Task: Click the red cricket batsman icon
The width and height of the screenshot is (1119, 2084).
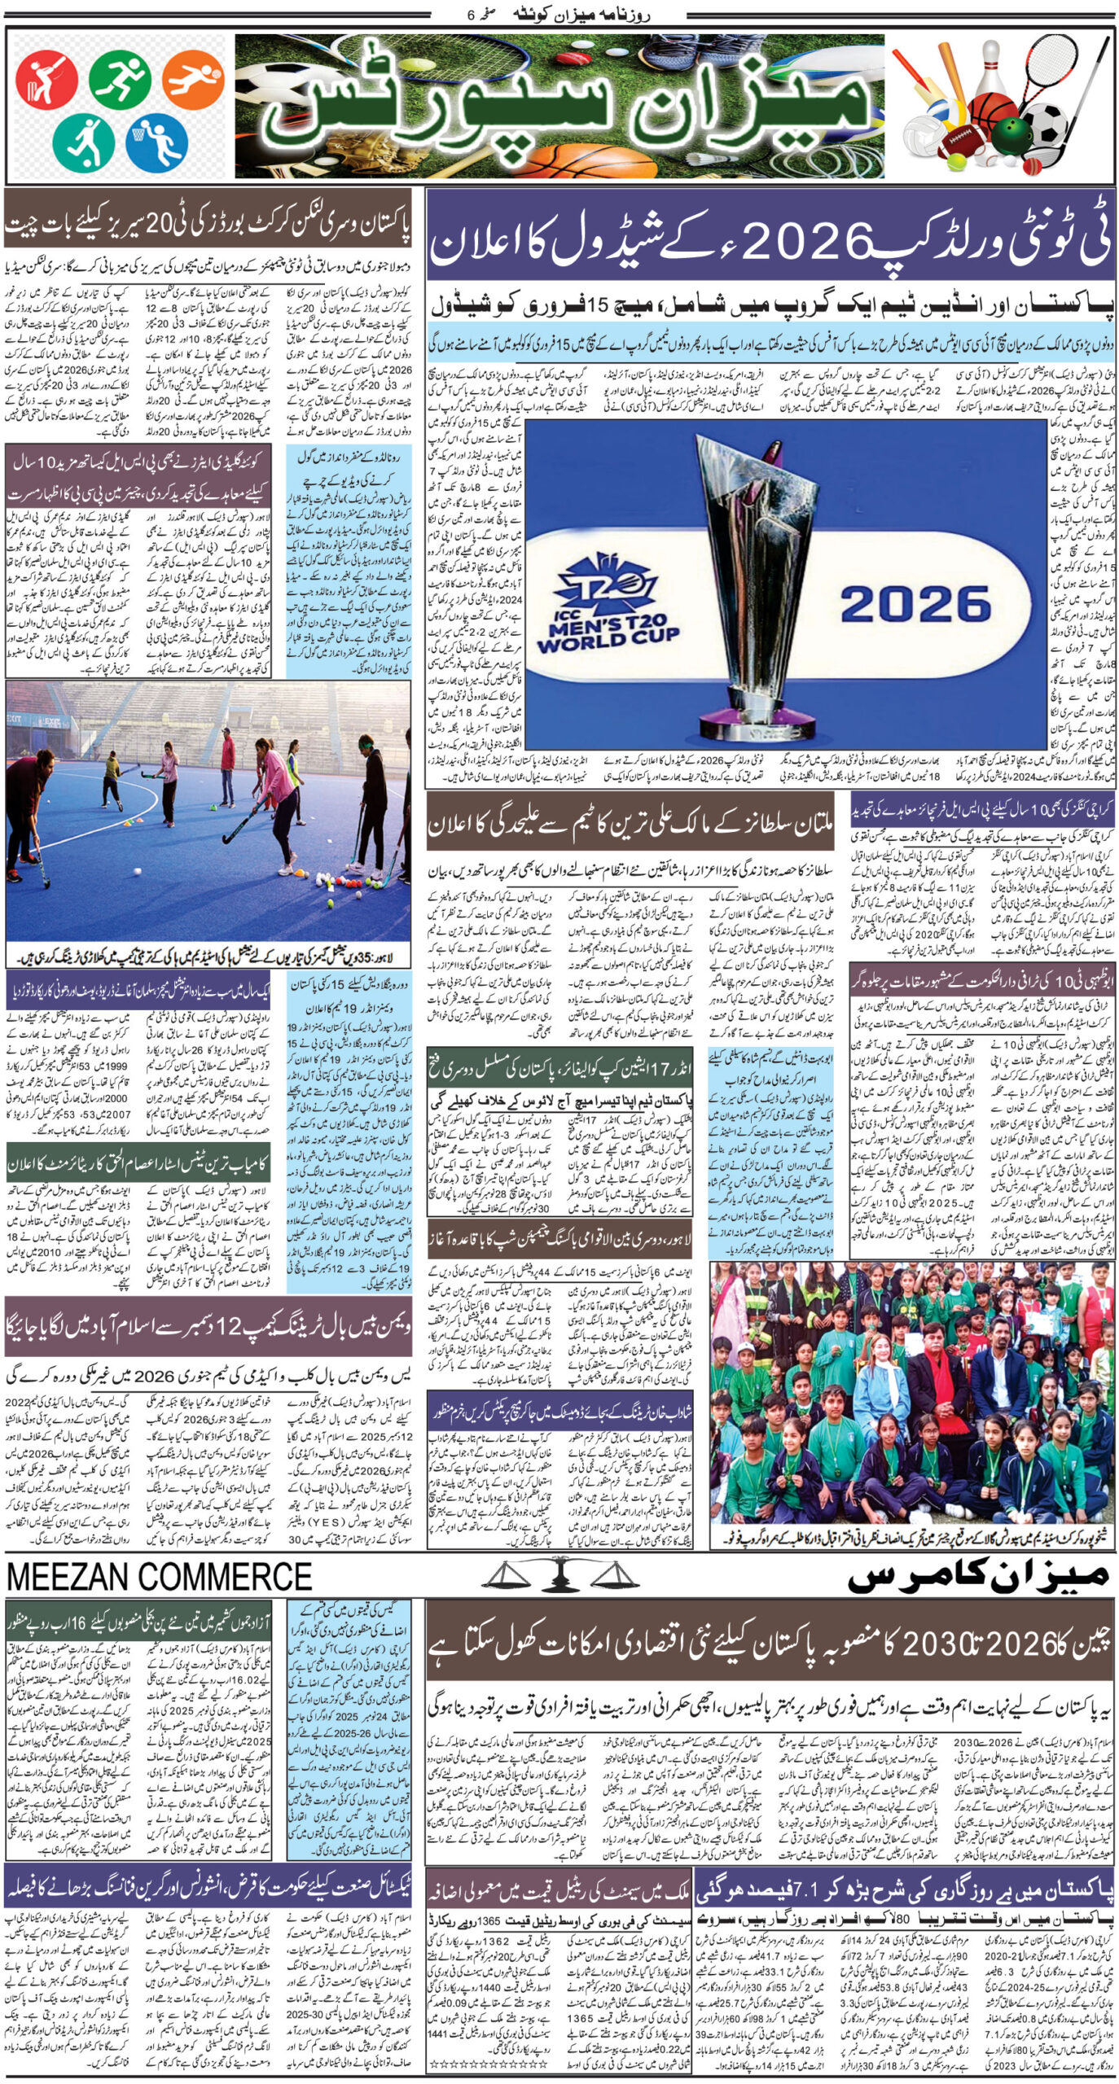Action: pyautogui.click(x=47, y=81)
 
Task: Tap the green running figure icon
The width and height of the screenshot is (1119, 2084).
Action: pyautogui.click(x=120, y=81)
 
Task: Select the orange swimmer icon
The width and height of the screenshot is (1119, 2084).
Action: pyautogui.click(x=192, y=80)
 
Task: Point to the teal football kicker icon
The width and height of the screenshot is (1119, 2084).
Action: pyautogui.click(x=83, y=142)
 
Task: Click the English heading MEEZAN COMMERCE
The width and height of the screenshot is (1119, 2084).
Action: pyautogui.click(x=160, y=1575)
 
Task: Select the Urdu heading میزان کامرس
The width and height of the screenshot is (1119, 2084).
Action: pyautogui.click(x=977, y=1574)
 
